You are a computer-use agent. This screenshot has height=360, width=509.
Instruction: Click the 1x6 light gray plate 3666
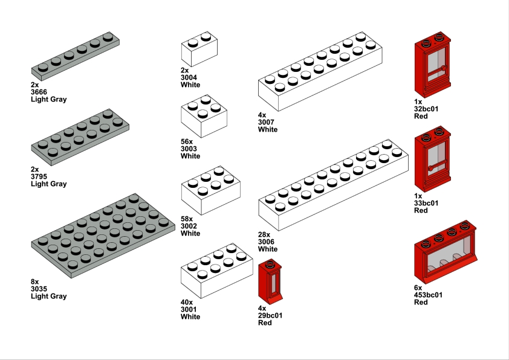pos(76,56)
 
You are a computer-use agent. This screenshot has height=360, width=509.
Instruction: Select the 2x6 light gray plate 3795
pos(80,138)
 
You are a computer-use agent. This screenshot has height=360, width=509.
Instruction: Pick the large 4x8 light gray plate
pos(103,236)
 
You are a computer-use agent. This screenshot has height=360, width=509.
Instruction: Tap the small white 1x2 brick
pos(199,49)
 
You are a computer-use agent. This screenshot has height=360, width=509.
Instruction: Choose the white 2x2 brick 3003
pos(204,116)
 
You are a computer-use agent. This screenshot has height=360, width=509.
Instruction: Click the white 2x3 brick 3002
pos(211,190)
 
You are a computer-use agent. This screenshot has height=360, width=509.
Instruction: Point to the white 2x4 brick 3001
pos(217,271)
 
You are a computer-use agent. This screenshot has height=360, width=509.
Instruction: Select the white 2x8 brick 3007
pos(320,71)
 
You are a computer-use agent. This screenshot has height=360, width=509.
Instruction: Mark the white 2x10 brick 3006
pos(333,185)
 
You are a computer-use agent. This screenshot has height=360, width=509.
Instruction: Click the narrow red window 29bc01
pos(270,282)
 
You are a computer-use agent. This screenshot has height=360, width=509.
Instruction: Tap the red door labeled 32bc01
pos(433,65)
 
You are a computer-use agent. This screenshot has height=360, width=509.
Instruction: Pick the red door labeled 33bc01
pos(433,159)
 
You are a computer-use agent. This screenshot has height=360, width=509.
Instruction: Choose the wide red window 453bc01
pos(446,252)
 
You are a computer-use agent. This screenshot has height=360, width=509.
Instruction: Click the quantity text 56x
pos(187,142)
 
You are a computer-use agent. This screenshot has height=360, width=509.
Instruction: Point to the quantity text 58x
pos(187,219)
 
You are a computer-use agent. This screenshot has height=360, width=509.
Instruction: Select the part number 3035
pos(39,289)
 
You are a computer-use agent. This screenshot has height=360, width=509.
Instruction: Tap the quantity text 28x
pos(264,234)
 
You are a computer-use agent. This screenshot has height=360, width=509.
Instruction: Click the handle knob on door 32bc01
pos(444,68)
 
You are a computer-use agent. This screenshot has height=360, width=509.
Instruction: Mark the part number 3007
pos(266,122)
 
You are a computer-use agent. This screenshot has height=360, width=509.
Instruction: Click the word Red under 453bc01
pos(421,302)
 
